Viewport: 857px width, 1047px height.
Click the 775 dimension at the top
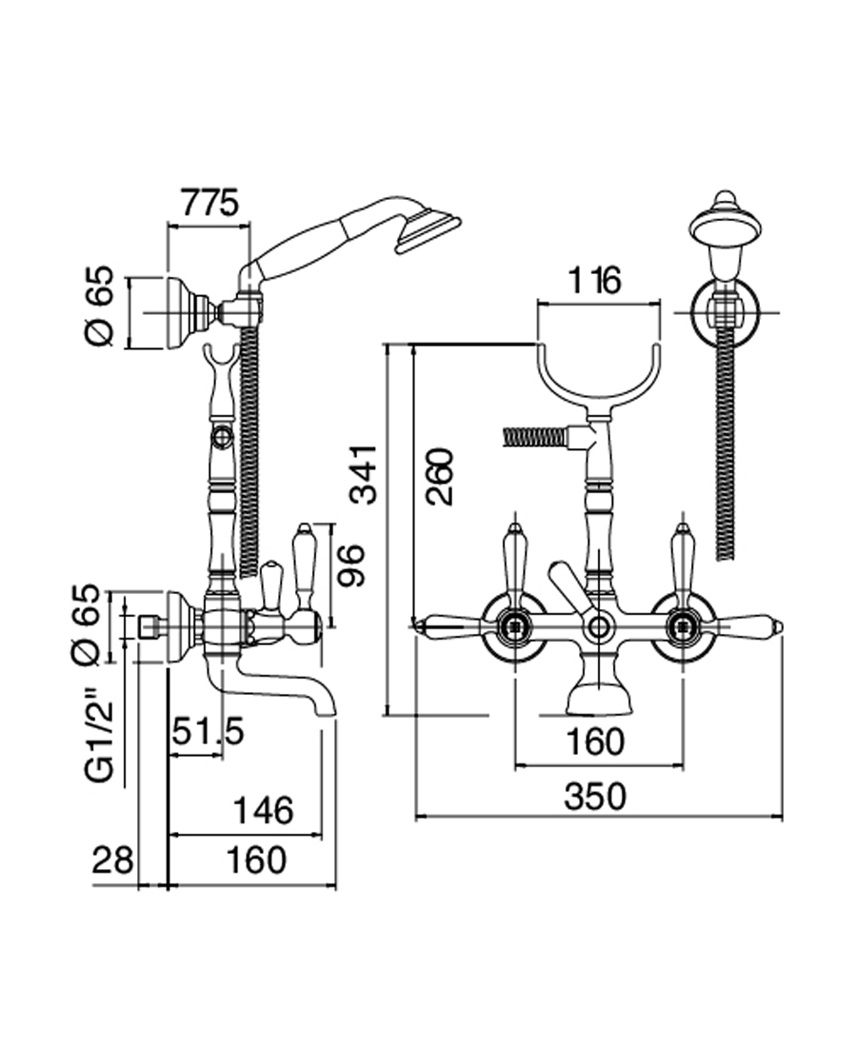(209, 205)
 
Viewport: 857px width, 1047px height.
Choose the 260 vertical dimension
(439, 476)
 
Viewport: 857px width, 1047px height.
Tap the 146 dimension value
(262, 810)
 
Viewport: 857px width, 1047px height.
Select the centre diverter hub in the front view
(598, 626)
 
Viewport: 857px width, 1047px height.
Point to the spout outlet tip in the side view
(327, 709)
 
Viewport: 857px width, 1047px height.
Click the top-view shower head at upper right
(727, 224)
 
